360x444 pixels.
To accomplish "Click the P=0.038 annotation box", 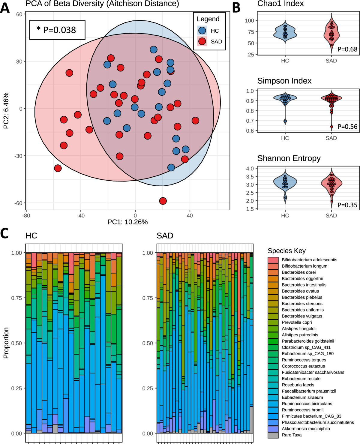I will click(57, 30).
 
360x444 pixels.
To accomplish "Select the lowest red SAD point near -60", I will click(163, 201).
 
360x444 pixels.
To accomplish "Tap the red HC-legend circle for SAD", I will click(202, 41).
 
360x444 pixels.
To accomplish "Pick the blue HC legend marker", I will click(202, 31).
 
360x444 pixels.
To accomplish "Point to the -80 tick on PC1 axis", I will click(26, 216).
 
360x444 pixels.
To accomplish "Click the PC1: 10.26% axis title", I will click(127, 222).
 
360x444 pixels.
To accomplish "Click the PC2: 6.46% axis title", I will click(6, 111).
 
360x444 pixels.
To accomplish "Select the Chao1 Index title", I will click(280, 4).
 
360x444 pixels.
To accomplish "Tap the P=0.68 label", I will click(347, 49).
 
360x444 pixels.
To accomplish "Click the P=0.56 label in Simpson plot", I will click(347, 127).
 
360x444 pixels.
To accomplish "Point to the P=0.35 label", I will click(347, 205).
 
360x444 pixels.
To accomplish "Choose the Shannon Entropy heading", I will click(289, 158).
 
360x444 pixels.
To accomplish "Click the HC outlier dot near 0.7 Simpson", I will click(285, 121).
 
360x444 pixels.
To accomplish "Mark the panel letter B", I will click(236, 8).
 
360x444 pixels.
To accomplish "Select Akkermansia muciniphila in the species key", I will click(306, 428).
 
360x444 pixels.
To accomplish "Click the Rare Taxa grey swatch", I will click(273, 435).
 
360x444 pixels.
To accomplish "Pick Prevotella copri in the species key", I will click(297, 322).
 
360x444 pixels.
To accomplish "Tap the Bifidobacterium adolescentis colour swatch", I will click(273, 260).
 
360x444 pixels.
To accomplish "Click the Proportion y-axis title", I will click(6, 343).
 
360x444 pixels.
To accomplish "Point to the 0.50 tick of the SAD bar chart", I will click(147, 343).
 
